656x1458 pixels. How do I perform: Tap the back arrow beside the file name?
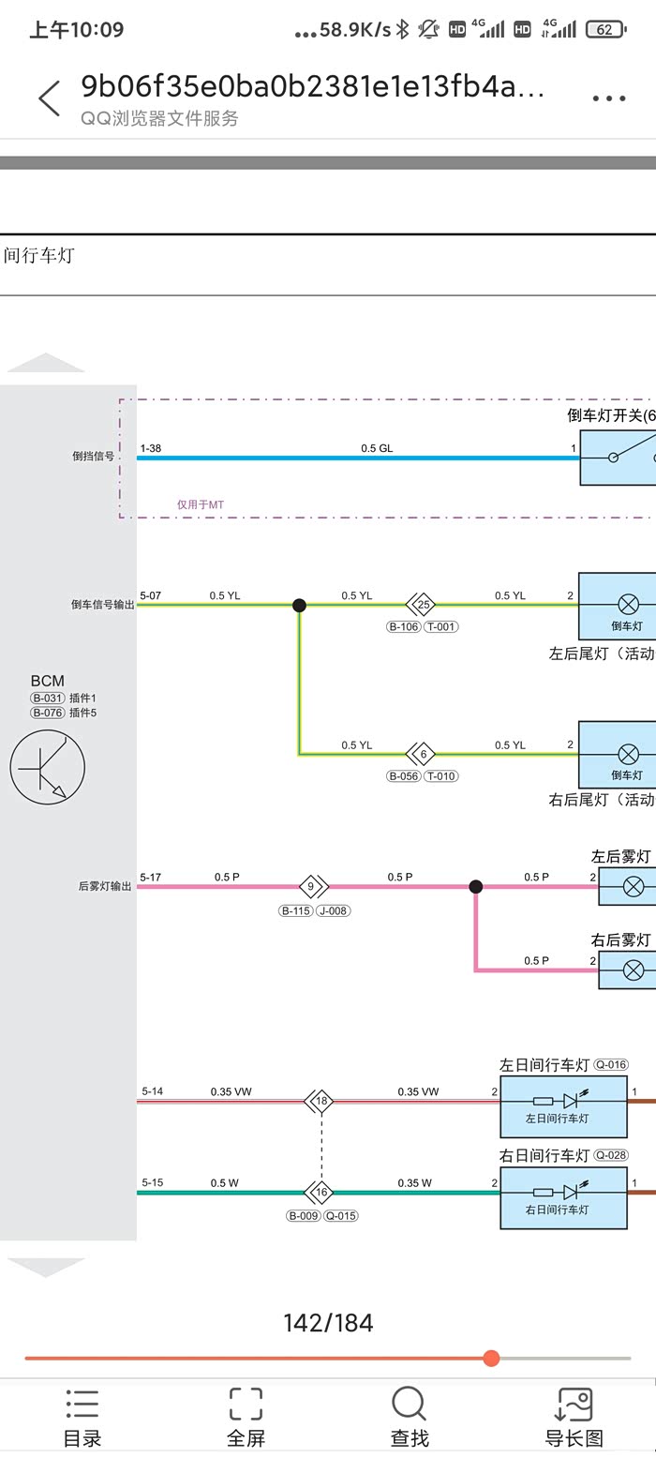(50, 98)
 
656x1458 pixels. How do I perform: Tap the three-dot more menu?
(608, 98)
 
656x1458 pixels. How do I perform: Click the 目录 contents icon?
(82, 1403)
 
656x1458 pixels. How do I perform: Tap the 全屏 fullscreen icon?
(246, 1403)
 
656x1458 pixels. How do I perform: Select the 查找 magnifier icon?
(410, 1403)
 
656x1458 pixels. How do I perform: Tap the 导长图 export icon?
(574, 1403)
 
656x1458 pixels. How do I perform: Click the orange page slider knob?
(491, 1358)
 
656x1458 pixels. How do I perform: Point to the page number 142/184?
(328, 1323)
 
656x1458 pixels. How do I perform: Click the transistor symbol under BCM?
(48, 767)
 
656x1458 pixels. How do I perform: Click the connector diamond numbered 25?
(421, 604)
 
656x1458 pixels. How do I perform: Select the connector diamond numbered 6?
(421, 754)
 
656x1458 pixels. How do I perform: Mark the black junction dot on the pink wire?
(476, 886)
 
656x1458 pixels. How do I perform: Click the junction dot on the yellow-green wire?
(299, 605)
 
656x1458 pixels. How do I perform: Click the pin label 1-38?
(150, 448)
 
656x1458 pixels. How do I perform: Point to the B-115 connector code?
(296, 910)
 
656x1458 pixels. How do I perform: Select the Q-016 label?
(611, 1064)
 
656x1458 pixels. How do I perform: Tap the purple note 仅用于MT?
(201, 504)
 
